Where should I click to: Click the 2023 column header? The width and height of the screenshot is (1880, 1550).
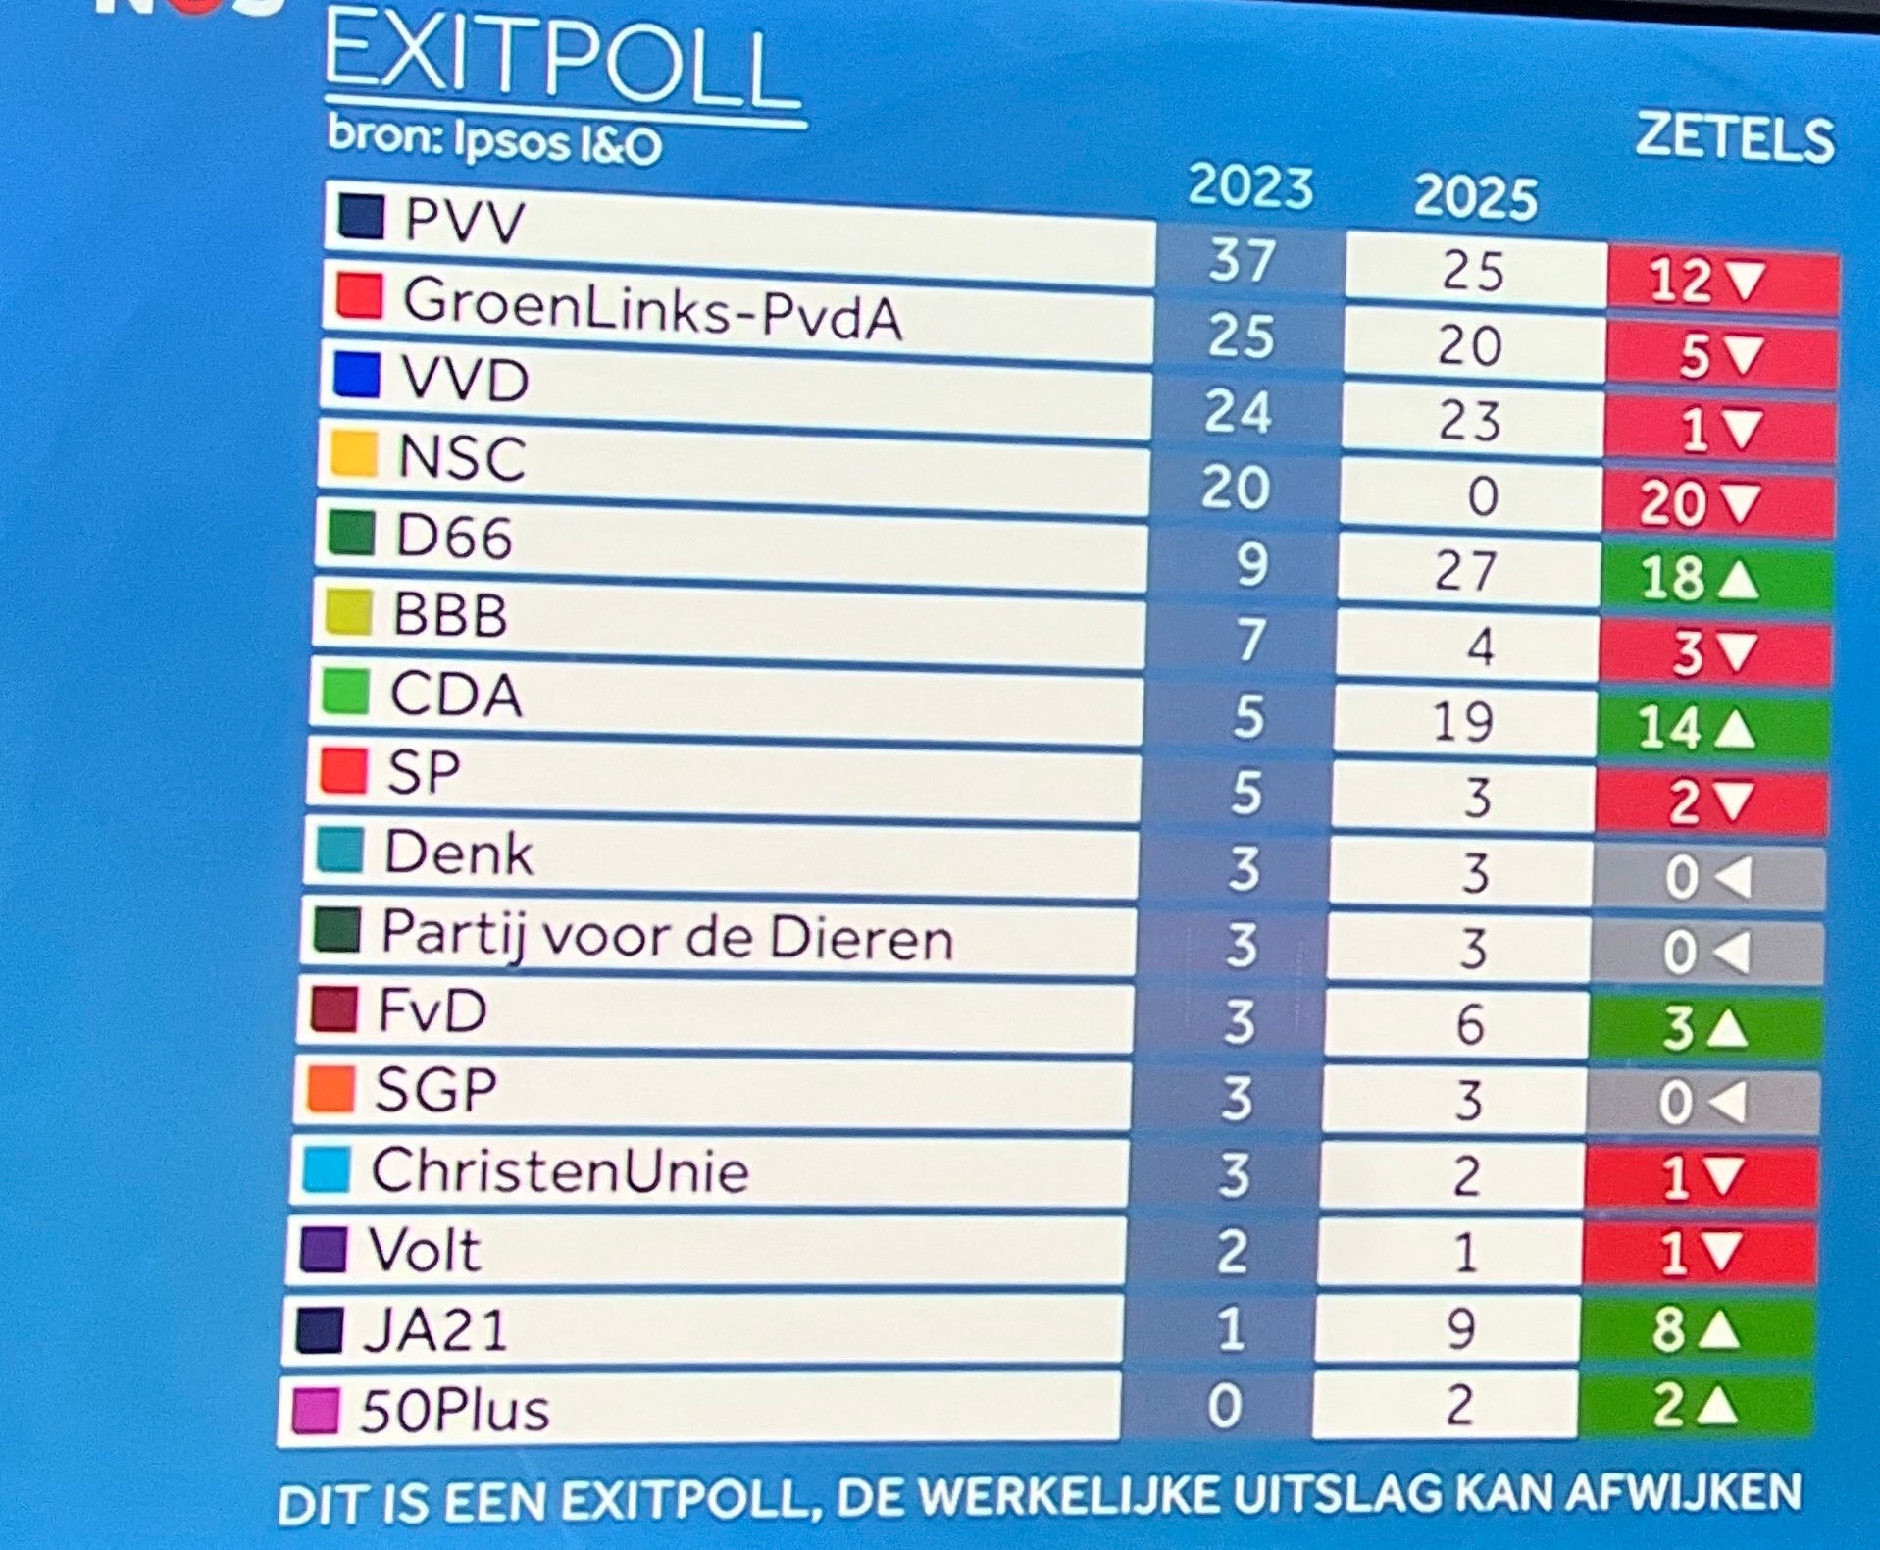click(x=1250, y=186)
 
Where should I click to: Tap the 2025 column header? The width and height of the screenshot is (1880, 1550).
click(x=1475, y=197)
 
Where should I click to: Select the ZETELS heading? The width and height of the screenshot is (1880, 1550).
click(x=1734, y=138)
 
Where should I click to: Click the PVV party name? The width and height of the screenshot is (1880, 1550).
click(x=464, y=221)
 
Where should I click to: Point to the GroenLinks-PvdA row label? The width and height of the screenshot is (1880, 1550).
click(x=651, y=307)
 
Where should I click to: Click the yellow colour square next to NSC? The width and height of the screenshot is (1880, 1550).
click(x=353, y=454)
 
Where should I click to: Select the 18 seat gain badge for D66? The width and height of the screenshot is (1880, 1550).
click(x=1714, y=578)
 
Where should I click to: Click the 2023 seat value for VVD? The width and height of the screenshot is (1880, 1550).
click(x=1238, y=411)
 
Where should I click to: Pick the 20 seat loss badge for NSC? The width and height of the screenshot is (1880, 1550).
click(x=1717, y=504)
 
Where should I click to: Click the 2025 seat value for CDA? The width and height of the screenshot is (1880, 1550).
click(x=1463, y=722)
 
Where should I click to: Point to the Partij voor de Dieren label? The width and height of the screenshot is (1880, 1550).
click(x=667, y=936)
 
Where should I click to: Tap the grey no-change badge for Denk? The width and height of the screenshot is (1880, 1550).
click(x=1707, y=877)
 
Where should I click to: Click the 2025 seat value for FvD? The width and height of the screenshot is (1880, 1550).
click(x=1469, y=1024)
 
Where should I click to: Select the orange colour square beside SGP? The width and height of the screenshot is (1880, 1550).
click(x=330, y=1089)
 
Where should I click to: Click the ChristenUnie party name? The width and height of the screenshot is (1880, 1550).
click(x=560, y=1170)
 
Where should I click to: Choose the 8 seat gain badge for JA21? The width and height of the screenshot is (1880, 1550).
click(x=1695, y=1329)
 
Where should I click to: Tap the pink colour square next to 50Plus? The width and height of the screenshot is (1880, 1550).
click(x=316, y=1410)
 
